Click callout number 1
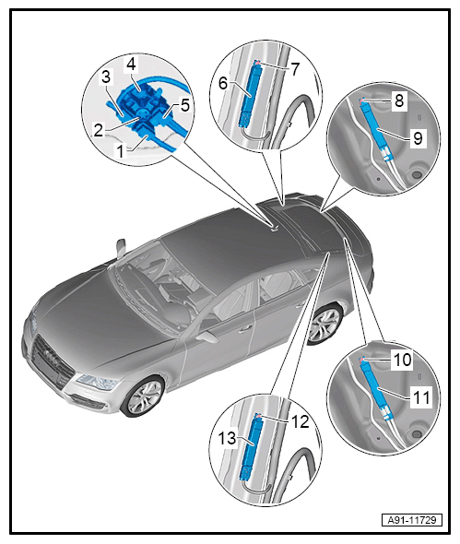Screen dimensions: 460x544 click(121, 151)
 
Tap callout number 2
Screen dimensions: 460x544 click(99, 130)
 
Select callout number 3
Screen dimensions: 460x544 click(106, 77)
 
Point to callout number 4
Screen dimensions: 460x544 click(132, 65)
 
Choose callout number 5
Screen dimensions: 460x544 click(185, 105)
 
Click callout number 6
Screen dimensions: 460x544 click(223, 83)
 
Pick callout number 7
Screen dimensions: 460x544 click(294, 69)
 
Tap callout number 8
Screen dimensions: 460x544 click(399, 101)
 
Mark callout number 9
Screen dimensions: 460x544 click(418, 138)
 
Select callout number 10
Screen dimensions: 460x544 click(403, 360)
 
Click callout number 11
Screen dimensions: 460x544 click(421, 397)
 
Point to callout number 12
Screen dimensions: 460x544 click(300, 422)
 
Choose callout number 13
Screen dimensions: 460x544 click(227, 438)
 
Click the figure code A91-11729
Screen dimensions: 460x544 click(412, 520)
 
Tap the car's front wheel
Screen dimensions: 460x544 click(143, 396)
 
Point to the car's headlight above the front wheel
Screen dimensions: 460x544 click(97, 383)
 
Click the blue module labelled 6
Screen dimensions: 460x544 click(251, 93)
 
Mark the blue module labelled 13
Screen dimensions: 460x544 click(251, 447)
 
